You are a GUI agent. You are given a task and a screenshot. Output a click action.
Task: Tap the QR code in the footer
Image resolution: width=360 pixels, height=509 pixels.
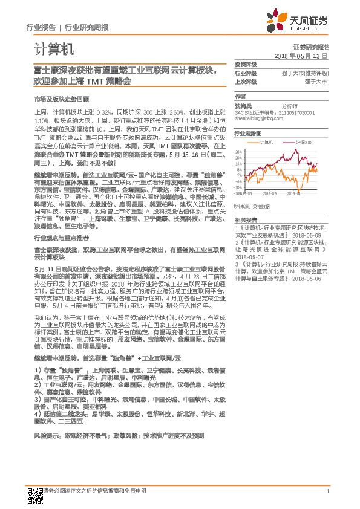click(36, 496)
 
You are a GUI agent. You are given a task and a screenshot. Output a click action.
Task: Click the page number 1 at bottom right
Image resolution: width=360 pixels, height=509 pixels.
click(327, 497)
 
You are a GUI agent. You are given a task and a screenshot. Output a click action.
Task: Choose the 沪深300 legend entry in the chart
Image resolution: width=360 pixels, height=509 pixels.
click(304, 143)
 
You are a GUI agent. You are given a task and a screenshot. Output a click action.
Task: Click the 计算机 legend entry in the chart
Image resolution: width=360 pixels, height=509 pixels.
click(267, 143)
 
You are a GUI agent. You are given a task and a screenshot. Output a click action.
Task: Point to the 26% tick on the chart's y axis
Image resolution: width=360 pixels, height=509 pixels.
click(239, 151)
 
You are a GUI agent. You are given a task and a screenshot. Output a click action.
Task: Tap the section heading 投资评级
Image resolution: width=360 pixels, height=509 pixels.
click(245, 64)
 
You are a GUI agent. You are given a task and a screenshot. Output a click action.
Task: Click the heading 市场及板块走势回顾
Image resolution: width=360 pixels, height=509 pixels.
click(62, 98)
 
